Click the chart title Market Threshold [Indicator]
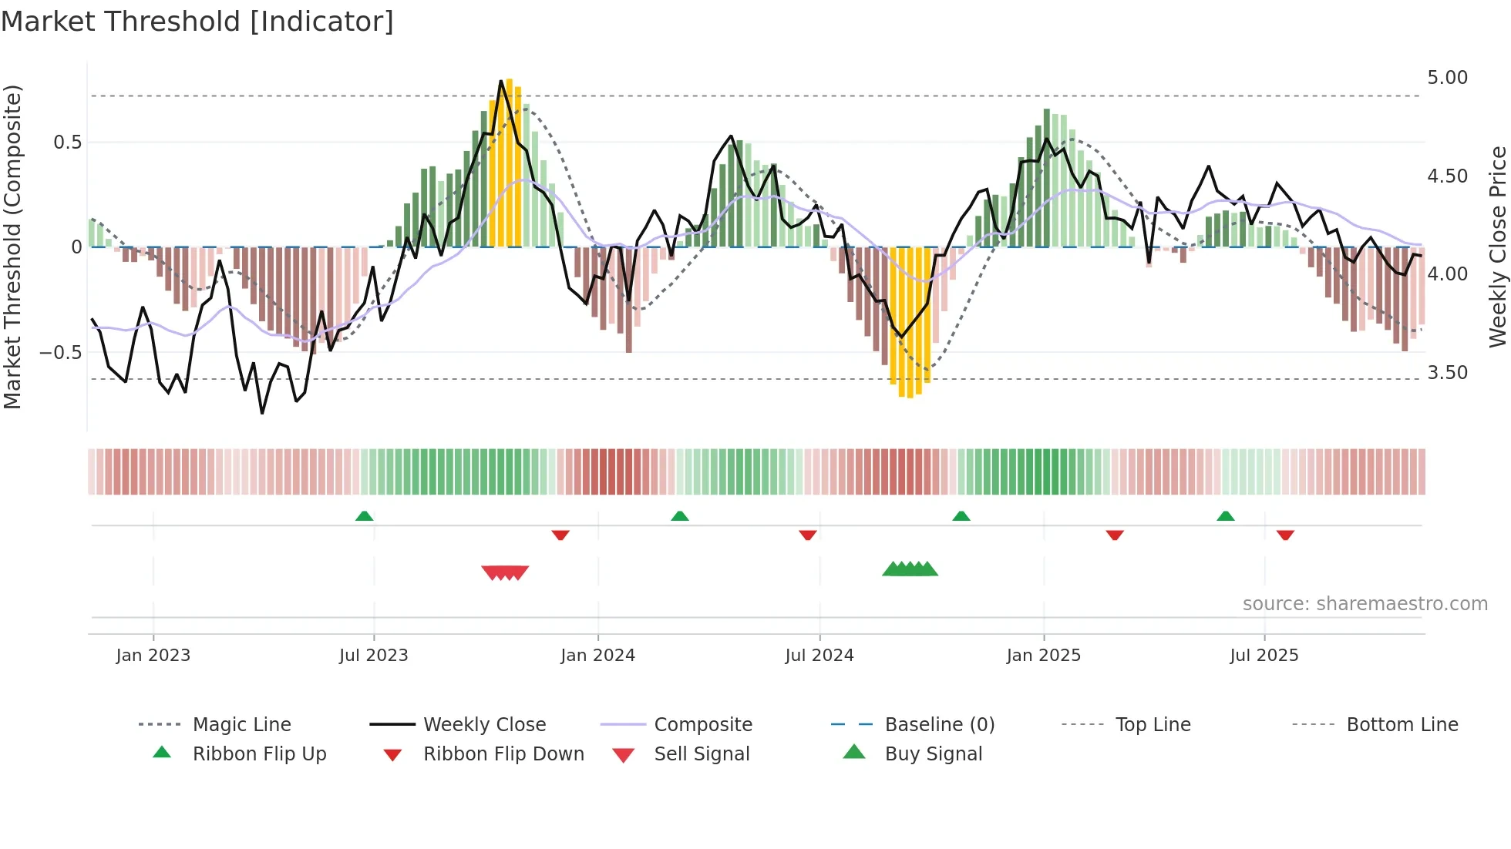point(197,22)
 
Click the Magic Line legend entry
point(241,724)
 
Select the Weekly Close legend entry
point(484,724)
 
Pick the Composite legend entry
point(702,724)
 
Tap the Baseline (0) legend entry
point(939,724)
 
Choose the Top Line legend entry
point(1153,724)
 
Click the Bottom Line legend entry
point(1402,724)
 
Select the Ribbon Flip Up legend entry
point(259,753)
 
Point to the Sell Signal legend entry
point(701,753)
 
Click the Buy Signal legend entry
point(933,753)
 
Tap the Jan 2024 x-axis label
point(597,655)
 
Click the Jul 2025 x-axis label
point(1264,655)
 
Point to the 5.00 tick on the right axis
point(1447,78)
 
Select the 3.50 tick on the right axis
point(1447,373)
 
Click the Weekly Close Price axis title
point(1497,247)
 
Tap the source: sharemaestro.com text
point(1365,604)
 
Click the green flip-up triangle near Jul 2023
point(365,516)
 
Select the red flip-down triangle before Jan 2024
point(560,535)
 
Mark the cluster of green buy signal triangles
point(910,569)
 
